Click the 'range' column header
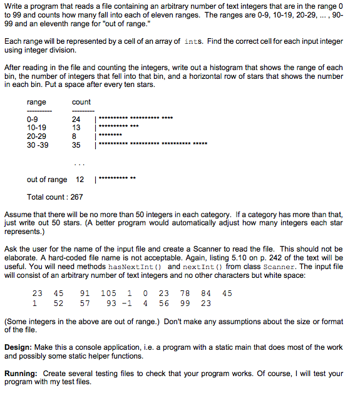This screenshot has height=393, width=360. coord(36,102)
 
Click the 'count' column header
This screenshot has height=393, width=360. coord(81,102)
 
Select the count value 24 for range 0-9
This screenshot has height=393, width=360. coord(76,119)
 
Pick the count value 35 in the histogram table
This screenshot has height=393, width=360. coord(76,145)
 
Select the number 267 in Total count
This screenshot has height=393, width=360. coord(76,196)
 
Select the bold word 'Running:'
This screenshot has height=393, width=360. coord(21,374)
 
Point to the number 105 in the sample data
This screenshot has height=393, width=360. coord(108,293)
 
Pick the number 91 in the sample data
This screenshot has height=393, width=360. coord(85,293)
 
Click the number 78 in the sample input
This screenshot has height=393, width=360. coord(185,293)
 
